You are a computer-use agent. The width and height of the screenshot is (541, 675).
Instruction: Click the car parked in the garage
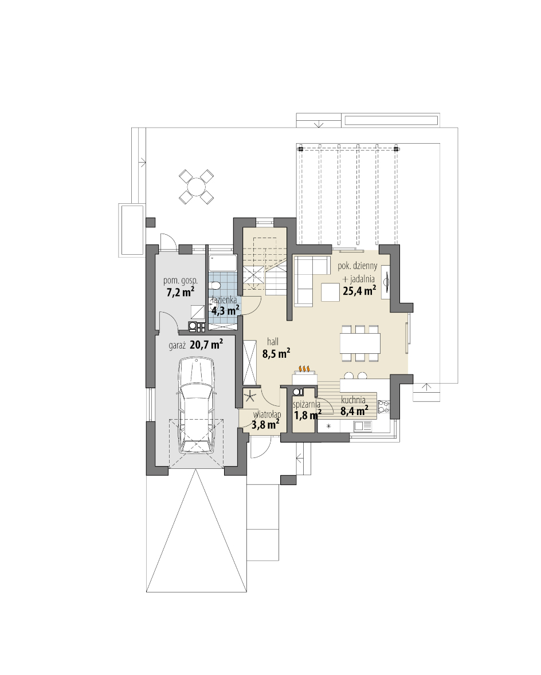(x=197, y=405)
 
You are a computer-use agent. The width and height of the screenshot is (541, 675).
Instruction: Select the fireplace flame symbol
(x=304, y=369)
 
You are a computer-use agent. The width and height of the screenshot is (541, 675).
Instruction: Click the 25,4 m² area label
(x=359, y=291)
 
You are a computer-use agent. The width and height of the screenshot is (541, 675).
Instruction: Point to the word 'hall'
(x=273, y=342)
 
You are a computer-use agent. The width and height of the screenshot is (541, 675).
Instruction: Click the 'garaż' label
(x=177, y=345)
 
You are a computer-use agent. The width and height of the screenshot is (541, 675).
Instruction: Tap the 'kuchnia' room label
(x=353, y=400)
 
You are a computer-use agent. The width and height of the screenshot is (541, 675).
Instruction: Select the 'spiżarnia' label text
(x=307, y=405)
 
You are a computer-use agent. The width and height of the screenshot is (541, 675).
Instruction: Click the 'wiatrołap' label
(x=267, y=414)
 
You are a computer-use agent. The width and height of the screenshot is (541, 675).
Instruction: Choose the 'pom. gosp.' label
(x=180, y=281)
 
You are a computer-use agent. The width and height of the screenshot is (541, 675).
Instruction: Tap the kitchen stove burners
(x=383, y=407)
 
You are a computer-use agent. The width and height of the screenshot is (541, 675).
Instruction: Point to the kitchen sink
(x=363, y=426)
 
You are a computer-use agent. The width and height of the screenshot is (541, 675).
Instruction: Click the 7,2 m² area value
(x=180, y=293)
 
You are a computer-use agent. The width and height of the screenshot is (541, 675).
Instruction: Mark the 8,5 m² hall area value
(x=276, y=353)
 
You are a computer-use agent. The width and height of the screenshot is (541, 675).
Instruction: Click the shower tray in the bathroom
(x=222, y=263)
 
